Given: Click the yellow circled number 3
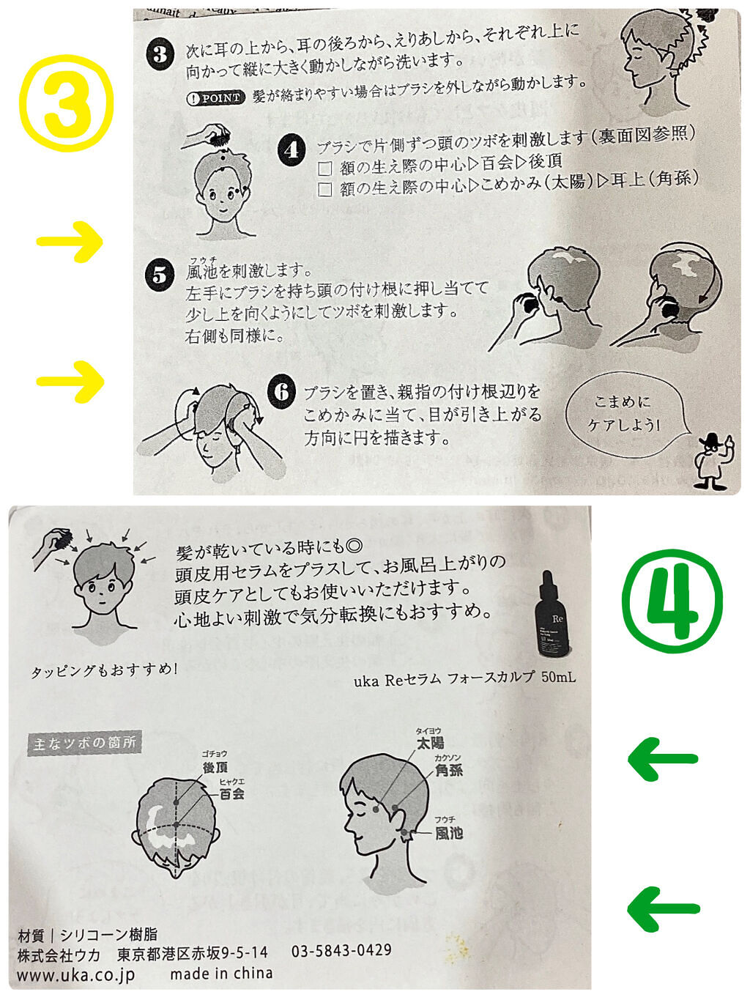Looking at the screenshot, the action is pyautogui.click(x=67, y=103).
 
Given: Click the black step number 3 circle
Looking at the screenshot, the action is pyautogui.click(x=160, y=56).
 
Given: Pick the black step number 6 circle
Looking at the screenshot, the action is pyautogui.click(x=281, y=391).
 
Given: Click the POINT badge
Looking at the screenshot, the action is pyautogui.click(x=216, y=98).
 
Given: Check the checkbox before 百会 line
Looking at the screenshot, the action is pyautogui.click(x=324, y=168).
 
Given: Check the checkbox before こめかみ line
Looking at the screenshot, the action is pyautogui.click(x=324, y=190).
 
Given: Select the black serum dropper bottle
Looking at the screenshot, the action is pyautogui.click(x=553, y=615).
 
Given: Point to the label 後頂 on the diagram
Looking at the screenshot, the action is pyautogui.click(x=215, y=768).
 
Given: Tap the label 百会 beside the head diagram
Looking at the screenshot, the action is pyautogui.click(x=232, y=794).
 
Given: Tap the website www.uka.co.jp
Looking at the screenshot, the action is pyautogui.click(x=76, y=975).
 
